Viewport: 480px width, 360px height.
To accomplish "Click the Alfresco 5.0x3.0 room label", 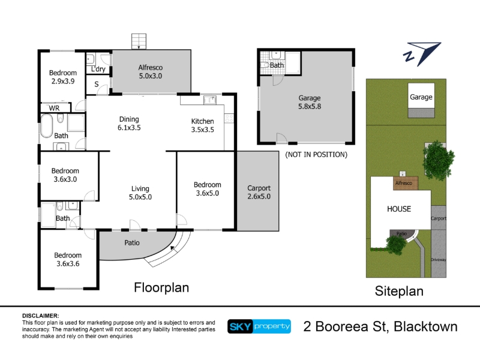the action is point(151,71).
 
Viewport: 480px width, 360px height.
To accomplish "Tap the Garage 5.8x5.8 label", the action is point(310,102).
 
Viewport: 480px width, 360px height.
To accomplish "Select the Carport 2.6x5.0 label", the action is point(259,192).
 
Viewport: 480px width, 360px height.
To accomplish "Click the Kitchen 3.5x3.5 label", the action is point(202,125).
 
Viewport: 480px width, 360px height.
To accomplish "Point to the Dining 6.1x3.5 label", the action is point(129,124).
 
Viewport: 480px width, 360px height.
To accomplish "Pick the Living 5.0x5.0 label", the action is point(140,193).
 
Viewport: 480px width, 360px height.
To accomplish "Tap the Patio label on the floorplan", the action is point(132,243).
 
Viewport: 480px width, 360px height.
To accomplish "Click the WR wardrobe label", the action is point(54,108).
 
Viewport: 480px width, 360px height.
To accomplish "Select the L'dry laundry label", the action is point(98,69).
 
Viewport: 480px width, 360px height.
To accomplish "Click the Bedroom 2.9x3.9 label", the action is point(63,77).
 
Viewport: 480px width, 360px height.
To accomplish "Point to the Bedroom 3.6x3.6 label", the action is point(68,259).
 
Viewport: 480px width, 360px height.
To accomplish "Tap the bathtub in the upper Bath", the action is point(47,126).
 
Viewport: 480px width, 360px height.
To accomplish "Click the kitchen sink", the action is point(210,100).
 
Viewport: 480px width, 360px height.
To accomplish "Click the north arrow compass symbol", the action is point(422,54).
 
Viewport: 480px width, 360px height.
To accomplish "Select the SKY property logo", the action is point(259,326).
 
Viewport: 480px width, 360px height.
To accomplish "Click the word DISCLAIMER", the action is point(40,316).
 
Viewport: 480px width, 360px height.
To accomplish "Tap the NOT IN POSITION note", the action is point(316,155).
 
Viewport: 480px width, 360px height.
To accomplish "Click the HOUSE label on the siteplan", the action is point(399,209).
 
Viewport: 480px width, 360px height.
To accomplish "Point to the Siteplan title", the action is point(399,291).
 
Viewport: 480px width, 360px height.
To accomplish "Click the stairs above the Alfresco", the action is point(139,41).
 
